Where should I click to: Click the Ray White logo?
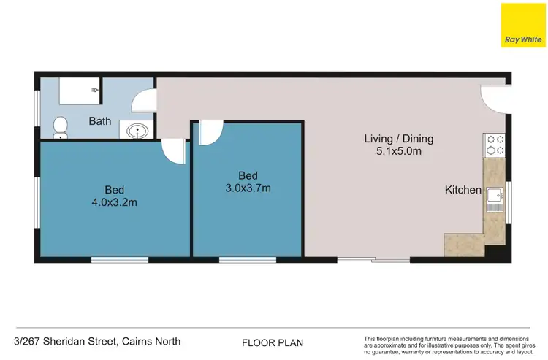tap(522, 26)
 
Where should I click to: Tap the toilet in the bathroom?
tap(61, 127)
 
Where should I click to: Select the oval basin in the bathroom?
tap(136, 131)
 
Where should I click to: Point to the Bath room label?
tap(100, 121)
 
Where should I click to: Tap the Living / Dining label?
tap(399, 139)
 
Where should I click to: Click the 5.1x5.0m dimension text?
tap(399, 151)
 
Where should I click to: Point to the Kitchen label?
tap(463, 191)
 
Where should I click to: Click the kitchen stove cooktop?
tap(495, 145)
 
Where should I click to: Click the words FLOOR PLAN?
tap(273, 342)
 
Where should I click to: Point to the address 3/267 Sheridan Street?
tap(96, 341)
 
